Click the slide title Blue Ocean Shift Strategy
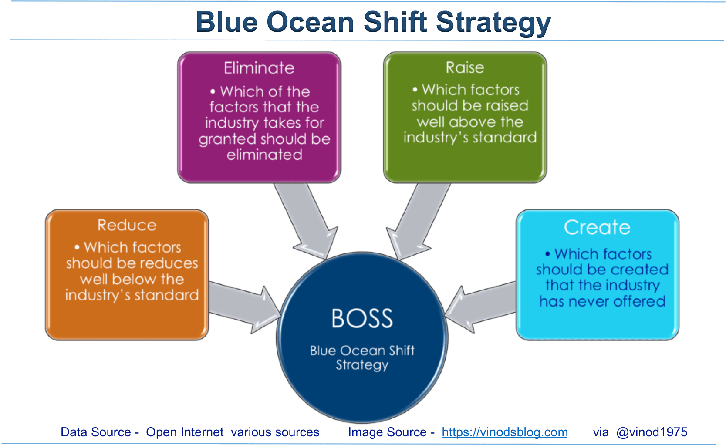(x=373, y=22)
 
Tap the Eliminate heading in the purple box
(x=259, y=68)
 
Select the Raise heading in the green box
(x=465, y=67)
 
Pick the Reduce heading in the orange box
(x=127, y=225)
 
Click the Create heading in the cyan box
(x=597, y=227)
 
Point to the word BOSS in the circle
(x=362, y=318)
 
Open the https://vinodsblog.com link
(x=504, y=432)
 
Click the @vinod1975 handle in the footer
(x=652, y=432)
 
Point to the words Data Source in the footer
(x=96, y=432)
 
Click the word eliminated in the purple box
(x=264, y=155)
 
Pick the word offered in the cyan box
(x=639, y=301)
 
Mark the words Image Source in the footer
(x=387, y=432)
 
